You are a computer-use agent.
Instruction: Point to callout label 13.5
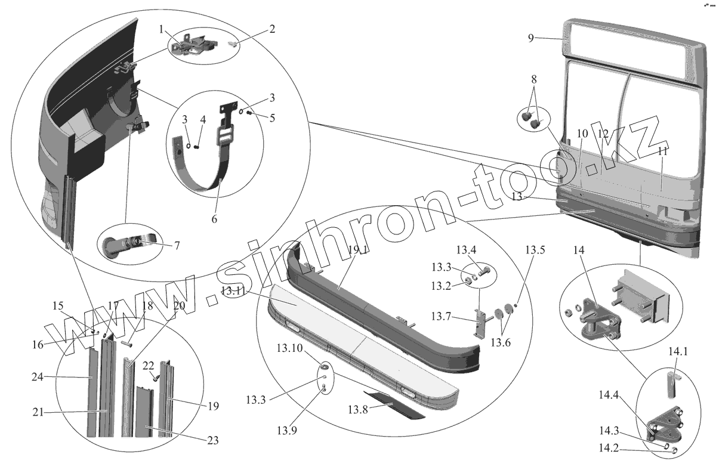[535, 250]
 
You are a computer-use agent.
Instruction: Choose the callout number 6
[214, 218]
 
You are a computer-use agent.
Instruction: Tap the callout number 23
[212, 441]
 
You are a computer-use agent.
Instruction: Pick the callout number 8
[533, 79]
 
